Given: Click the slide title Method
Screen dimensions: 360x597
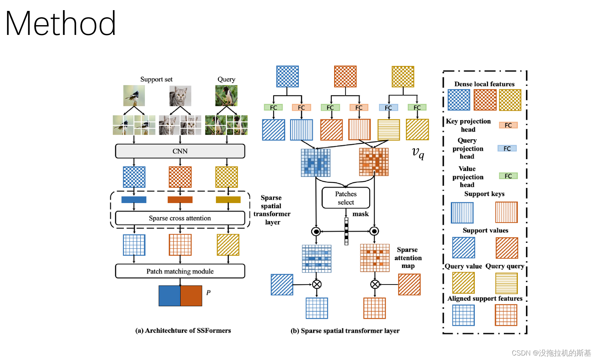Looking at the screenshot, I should (x=60, y=24).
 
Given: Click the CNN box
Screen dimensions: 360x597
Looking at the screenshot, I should (x=180, y=151).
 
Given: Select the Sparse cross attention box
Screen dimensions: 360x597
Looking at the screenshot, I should (x=180, y=218).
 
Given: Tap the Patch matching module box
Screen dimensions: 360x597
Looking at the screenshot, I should (x=180, y=271).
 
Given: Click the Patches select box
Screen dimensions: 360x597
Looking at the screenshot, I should (x=346, y=198).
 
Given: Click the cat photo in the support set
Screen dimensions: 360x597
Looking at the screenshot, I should (x=180, y=96).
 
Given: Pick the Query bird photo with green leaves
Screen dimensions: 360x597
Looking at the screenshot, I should (x=226, y=96).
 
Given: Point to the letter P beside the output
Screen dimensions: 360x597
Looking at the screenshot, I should (x=208, y=292).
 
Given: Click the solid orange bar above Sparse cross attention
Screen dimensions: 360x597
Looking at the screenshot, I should (x=180, y=200).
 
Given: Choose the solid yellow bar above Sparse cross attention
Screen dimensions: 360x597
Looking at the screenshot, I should (x=228, y=200).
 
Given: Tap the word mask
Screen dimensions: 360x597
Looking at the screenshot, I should (x=360, y=214).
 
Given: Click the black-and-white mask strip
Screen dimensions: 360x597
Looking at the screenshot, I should (x=346, y=231).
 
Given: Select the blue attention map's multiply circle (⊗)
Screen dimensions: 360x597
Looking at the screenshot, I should (x=317, y=284).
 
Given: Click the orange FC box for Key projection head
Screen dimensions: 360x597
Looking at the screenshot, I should (x=508, y=125).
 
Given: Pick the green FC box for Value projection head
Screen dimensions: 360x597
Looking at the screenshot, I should (x=508, y=176).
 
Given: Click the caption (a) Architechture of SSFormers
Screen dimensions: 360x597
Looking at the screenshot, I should (x=183, y=330).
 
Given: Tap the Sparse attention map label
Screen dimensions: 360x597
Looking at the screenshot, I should (x=408, y=258).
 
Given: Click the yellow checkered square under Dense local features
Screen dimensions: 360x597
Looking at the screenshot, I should (x=510, y=100).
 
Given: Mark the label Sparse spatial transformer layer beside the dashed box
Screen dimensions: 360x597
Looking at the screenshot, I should (x=272, y=210).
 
